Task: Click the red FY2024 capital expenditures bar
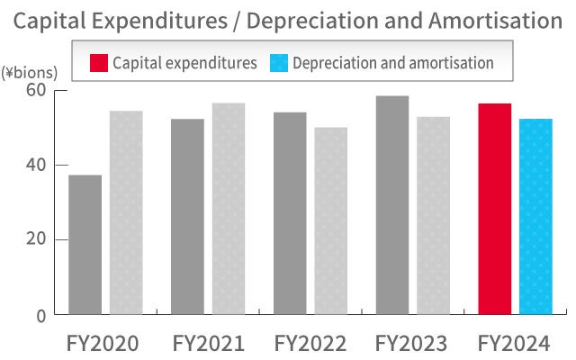pyautogui.click(x=495, y=209)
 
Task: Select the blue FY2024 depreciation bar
pyautogui.click(x=535, y=217)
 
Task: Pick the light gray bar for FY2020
pyautogui.click(x=126, y=212)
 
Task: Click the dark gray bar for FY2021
pyautogui.click(x=187, y=216)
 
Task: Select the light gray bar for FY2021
pyautogui.click(x=228, y=209)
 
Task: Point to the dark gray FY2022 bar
pyautogui.click(x=289, y=213)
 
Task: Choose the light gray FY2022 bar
pyautogui.click(x=330, y=220)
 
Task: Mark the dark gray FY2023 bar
pyautogui.click(x=392, y=205)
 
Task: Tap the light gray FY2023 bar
pyautogui.click(x=433, y=215)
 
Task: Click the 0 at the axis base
pyautogui.click(x=41, y=315)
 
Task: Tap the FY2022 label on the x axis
pyautogui.click(x=310, y=343)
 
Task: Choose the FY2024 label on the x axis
pyautogui.click(x=515, y=343)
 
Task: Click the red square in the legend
pyautogui.click(x=99, y=63)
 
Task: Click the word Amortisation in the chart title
pyautogui.click(x=490, y=20)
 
